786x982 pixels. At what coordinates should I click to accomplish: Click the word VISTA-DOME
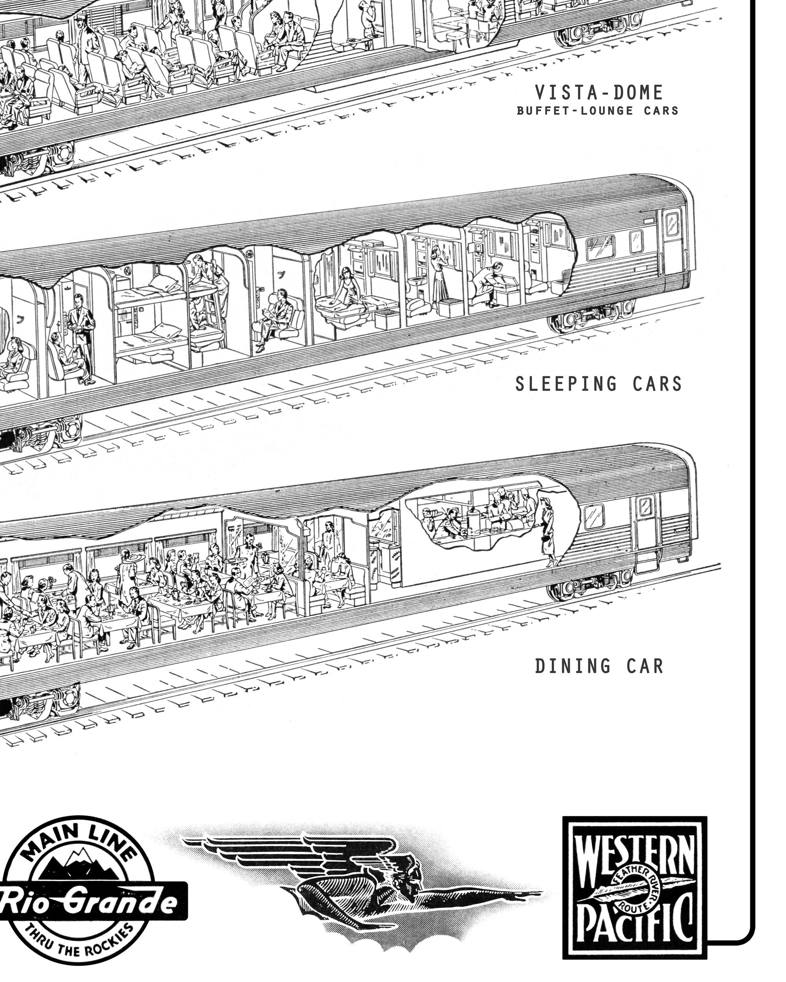point(598,93)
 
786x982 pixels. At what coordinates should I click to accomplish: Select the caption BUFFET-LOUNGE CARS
point(597,111)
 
